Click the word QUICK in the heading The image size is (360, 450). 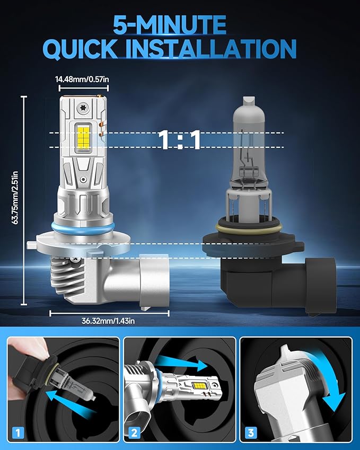click(x=81, y=49)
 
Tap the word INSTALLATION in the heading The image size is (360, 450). click(x=210, y=48)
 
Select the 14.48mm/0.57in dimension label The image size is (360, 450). click(x=82, y=79)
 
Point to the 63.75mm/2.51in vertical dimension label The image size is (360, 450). click(x=15, y=198)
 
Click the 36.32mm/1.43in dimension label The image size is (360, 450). click(x=108, y=321)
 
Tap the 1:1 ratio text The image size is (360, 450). click(x=180, y=140)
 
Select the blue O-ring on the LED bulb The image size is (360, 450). click(x=83, y=227)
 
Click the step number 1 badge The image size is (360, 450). click(x=18, y=433)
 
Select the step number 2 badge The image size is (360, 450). click(x=134, y=433)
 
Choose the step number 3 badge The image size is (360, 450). click(x=251, y=433)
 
